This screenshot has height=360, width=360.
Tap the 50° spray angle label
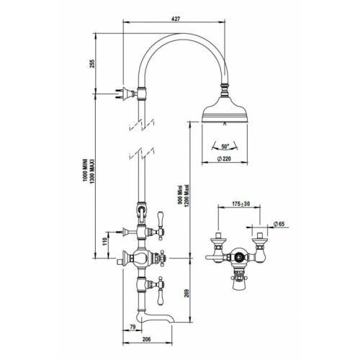tap(225, 145)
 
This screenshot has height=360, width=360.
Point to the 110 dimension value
tap(106, 240)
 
